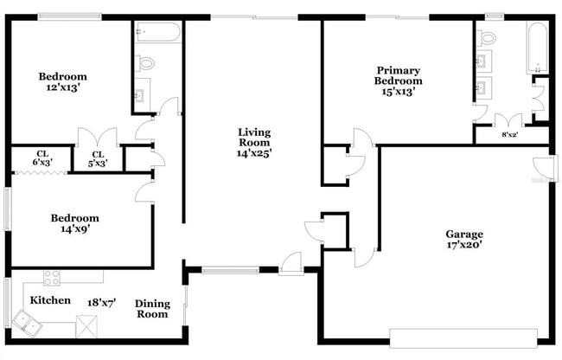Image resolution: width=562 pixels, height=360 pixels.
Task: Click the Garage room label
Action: [463, 234]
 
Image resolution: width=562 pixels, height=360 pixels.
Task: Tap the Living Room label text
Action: [254, 138]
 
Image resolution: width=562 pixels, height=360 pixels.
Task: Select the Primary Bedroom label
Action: [398, 75]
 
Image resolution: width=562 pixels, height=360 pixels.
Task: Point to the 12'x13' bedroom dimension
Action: [63, 88]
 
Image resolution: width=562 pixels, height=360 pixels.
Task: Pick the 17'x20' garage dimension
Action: [463, 245]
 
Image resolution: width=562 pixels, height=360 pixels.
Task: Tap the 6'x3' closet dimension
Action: [42, 163]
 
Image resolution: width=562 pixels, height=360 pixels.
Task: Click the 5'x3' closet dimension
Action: [98, 163]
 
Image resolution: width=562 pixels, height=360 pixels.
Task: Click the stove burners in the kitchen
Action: [52, 279]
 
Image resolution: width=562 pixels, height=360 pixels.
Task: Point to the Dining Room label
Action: [152, 309]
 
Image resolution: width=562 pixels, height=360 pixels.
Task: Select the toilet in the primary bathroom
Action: [486, 38]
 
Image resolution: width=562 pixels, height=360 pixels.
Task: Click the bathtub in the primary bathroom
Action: [537, 48]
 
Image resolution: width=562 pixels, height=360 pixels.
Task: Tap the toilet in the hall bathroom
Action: [145, 63]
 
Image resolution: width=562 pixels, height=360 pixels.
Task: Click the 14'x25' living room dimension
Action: [254, 153]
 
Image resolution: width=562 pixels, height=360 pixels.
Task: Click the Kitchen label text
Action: [50, 300]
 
